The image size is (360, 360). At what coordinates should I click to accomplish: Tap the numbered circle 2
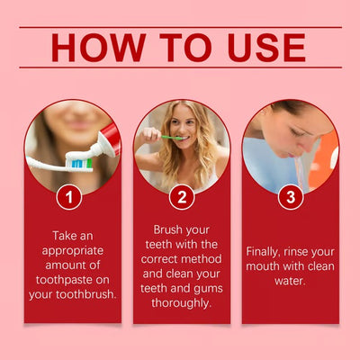[x=181, y=195]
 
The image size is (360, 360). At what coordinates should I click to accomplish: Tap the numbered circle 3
[x=290, y=195]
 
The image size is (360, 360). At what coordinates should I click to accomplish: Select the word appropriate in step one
[x=72, y=248]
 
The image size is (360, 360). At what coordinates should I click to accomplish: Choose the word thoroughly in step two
[x=181, y=303]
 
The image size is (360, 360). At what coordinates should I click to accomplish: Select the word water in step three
[x=290, y=280]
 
